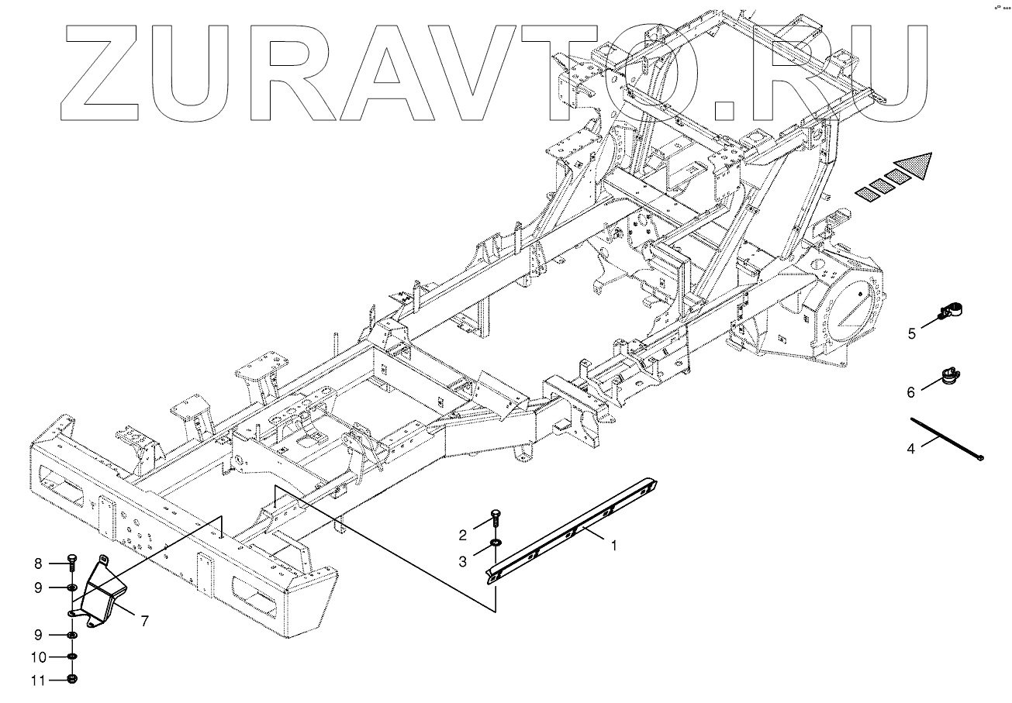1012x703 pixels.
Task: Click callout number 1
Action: click(x=613, y=546)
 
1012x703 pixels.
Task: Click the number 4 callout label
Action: click(x=911, y=448)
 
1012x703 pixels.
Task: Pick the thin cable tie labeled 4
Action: click(x=946, y=439)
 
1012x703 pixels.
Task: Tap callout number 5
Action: click(x=912, y=334)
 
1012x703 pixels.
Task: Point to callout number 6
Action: click(x=912, y=393)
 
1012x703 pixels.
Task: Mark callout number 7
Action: click(x=145, y=621)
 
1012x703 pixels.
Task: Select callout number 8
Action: click(x=37, y=563)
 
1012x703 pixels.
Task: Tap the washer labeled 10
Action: click(x=71, y=657)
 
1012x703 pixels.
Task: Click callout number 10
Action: click(x=37, y=657)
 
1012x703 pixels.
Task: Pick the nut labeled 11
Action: click(x=71, y=680)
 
